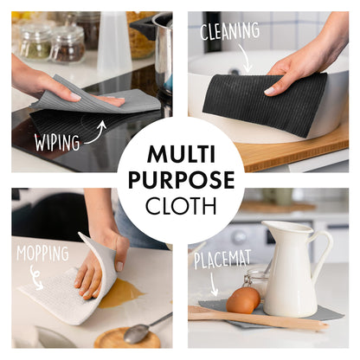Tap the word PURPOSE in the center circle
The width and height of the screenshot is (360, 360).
180,181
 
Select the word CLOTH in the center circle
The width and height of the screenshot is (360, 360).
180,206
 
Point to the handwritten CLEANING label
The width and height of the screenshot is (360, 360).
230,32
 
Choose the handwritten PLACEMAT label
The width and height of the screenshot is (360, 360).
223,260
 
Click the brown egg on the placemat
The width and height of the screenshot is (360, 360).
243,299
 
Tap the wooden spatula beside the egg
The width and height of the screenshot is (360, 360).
260,318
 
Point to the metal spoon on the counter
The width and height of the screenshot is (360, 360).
147,326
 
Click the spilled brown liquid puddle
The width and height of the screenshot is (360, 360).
121,293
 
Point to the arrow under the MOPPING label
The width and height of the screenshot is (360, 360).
35,278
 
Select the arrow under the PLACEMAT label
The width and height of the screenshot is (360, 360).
215,281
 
